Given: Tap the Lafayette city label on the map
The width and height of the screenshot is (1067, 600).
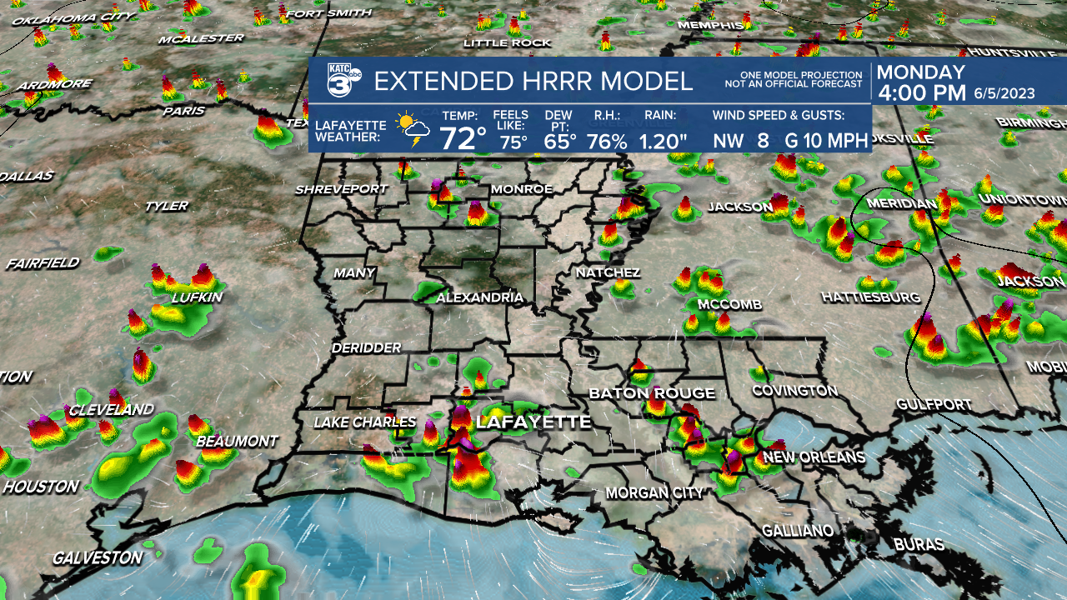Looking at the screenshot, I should point(533,422).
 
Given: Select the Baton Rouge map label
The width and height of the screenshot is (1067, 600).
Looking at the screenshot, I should point(652,393).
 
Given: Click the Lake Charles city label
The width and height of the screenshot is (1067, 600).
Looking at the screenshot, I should point(364,423).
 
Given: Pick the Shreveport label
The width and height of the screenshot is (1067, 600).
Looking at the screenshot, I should point(341,190).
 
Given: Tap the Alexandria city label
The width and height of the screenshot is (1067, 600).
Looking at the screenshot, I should point(479,297).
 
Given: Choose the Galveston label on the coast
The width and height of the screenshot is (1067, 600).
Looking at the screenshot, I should point(98,557).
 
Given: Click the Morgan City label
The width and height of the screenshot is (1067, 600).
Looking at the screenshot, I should point(654,493).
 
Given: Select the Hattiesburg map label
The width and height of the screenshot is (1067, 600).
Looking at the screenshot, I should point(870,297).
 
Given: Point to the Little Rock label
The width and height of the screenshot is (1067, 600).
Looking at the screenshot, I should point(507,42).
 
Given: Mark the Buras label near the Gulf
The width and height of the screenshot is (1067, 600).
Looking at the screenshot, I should point(919,545).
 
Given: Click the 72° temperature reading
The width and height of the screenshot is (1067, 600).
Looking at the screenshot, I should point(463,138).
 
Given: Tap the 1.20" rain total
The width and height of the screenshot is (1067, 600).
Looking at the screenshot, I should point(664,141).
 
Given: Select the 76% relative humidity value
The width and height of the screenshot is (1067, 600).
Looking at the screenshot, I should point(607,141).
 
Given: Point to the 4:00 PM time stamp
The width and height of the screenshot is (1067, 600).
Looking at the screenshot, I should point(921,93).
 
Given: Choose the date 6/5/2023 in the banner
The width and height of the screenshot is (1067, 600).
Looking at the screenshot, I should point(1004,94).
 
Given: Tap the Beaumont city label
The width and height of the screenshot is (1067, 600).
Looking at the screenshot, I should point(237,441).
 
